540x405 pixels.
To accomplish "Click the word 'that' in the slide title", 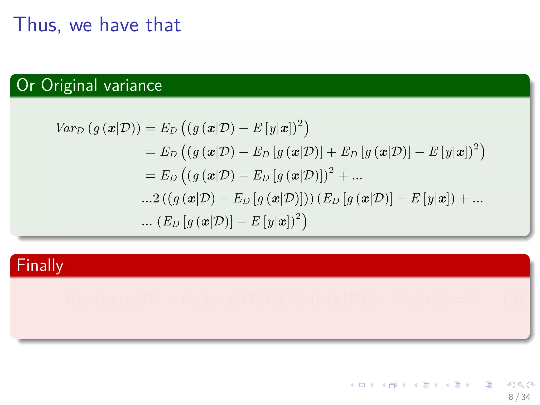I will [x=163, y=25].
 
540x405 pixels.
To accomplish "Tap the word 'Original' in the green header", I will [x=69, y=85].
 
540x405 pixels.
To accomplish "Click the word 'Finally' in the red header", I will [x=40, y=266].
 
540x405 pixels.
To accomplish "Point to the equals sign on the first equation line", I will [x=150, y=129].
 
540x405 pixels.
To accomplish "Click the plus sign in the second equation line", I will [x=331, y=152].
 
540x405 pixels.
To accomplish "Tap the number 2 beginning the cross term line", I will [x=156, y=199].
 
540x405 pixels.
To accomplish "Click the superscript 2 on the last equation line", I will [x=298, y=216].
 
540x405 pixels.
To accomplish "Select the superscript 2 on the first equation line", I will [x=300, y=123].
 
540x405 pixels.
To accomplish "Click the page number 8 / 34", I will [x=519, y=397].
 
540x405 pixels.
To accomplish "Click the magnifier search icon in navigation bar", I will [x=521, y=385].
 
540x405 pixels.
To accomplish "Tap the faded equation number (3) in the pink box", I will [x=513, y=300].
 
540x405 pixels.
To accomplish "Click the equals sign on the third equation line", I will [x=150, y=176].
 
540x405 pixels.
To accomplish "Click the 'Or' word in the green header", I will [x=26, y=85].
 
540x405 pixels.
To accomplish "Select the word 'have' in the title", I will [x=119, y=25].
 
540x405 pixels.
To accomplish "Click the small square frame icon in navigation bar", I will [x=362, y=385].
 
